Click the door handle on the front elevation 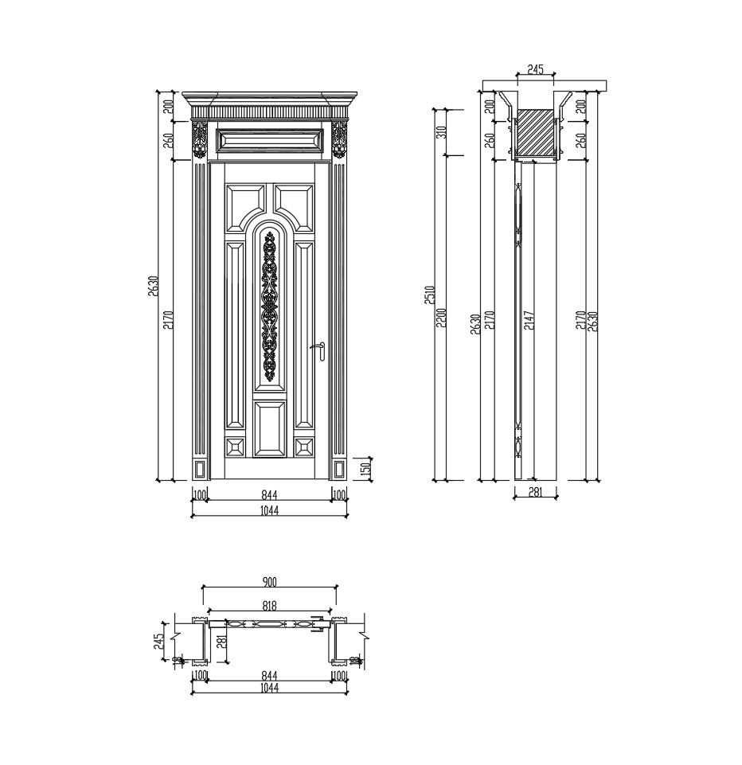[320, 350]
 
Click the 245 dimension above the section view [535, 70]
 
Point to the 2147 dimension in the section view [529, 319]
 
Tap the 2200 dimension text [441, 318]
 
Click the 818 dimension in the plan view [269, 605]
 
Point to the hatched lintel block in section [535, 133]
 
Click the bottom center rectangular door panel [269, 428]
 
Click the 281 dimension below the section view [535, 492]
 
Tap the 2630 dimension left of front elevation [154, 286]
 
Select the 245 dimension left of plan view [158, 641]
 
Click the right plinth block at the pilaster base [338, 470]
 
